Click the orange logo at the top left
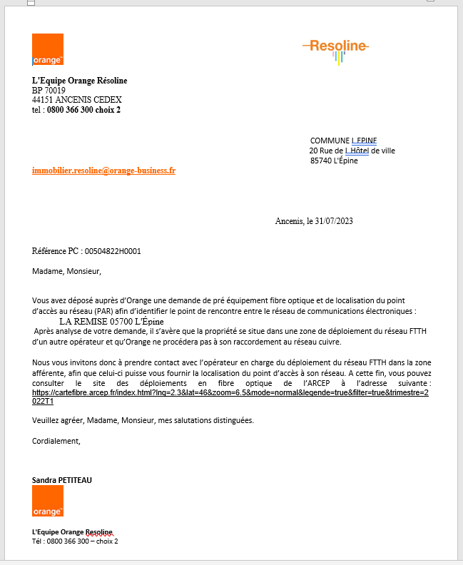[48, 49]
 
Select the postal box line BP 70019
[49, 91]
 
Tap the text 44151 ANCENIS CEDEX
[77, 100]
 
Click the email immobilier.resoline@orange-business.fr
[103, 170]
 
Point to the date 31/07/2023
[330, 221]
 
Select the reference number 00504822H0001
[113, 251]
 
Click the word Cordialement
[56, 440]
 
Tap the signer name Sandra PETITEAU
[62, 480]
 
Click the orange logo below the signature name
[48, 501]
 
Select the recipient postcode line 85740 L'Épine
[334, 161]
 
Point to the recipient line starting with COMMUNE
[343, 141]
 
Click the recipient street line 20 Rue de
[352, 151]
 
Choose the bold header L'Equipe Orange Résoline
[80, 81]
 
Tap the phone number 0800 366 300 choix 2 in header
[83, 110]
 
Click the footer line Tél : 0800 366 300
[75, 541]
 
